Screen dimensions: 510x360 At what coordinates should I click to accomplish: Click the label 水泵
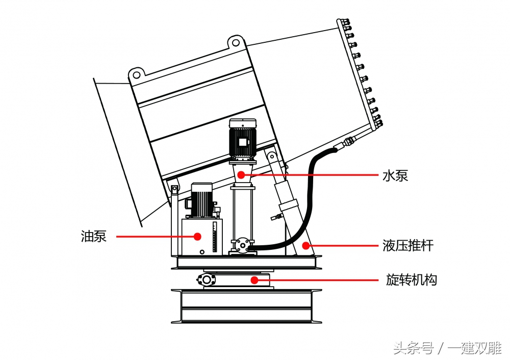(x=395, y=175)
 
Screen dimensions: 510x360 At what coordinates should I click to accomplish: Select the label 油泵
(x=94, y=237)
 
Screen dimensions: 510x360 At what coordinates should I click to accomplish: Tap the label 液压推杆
(x=408, y=246)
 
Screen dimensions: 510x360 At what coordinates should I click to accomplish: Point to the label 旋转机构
(x=412, y=279)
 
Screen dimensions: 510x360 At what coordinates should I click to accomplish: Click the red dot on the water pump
(x=241, y=175)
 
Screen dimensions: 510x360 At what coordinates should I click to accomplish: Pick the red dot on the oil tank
(x=197, y=237)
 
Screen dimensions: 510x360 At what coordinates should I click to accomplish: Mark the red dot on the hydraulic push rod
(x=305, y=246)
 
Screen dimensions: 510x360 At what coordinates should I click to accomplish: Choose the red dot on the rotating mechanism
(x=254, y=279)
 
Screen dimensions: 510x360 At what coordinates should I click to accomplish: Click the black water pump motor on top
(x=243, y=139)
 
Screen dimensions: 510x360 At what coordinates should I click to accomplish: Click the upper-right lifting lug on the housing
(x=236, y=42)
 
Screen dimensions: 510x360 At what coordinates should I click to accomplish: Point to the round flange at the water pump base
(x=242, y=245)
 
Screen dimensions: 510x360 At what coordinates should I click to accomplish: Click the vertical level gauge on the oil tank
(x=214, y=237)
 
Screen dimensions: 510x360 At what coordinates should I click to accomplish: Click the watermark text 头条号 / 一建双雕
(x=447, y=348)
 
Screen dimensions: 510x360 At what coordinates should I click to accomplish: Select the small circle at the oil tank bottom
(x=202, y=252)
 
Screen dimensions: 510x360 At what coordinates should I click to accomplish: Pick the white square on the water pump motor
(x=243, y=142)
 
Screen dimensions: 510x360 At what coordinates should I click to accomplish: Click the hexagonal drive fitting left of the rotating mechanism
(x=206, y=279)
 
